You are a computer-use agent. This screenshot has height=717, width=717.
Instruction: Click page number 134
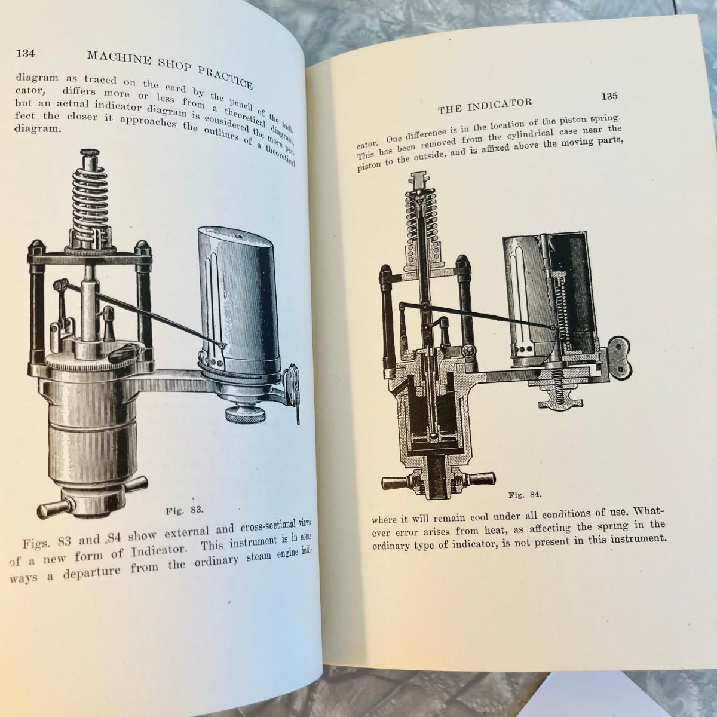(26, 54)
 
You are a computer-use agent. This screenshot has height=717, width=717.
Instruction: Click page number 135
(609, 96)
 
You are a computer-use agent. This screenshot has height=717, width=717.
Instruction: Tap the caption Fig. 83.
(185, 510)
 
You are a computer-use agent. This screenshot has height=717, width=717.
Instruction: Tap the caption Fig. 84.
(525, 495)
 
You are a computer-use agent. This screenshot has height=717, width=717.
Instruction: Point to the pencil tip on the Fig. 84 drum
(553, 327)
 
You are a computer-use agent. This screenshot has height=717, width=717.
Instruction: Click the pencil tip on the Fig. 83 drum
(222, 345)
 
